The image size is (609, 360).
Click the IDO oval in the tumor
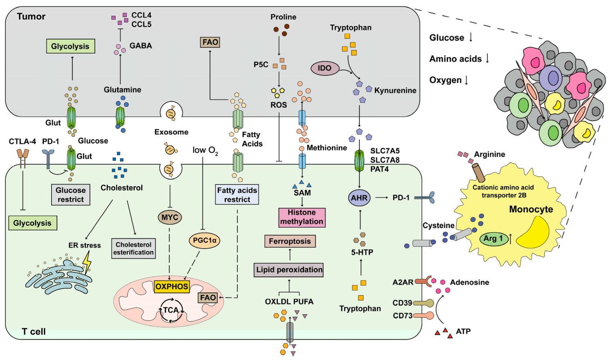click(324, 68)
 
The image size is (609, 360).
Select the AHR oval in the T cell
click(359, 198)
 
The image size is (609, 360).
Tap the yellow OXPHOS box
click(172, 286)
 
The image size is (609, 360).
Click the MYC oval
click(170, 217)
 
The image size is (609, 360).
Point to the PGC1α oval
click(204, 240)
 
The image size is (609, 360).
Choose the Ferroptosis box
click(290, 241)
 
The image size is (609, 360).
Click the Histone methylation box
click(302, 217)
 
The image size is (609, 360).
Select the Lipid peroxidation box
click(289, 269)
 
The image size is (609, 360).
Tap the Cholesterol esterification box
click(134, 249)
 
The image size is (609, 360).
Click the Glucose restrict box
click(70, 195)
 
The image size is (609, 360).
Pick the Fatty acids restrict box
click(237, 195)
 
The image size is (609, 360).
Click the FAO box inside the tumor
click(210, 42)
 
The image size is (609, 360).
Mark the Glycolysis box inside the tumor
click(70, 46)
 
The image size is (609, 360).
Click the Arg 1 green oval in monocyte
click(493, 238)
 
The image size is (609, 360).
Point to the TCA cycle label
click(171, 310)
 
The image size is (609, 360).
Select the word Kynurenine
click(395, 91)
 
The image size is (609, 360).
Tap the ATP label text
click(463, 331)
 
